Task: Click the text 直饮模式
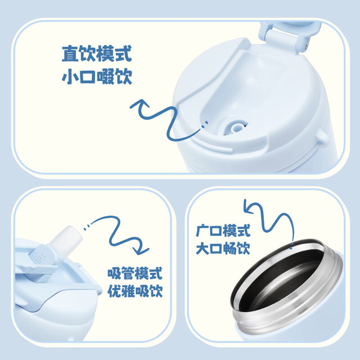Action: (97, 53)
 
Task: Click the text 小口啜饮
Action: (97, 76)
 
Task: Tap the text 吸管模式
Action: (135, 273)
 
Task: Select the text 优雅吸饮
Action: (135, 291)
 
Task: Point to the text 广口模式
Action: (223, 231)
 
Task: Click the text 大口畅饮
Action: (223, 248)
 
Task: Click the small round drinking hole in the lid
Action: (235, 128)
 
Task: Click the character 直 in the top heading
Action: (70, 53)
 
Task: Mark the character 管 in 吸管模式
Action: (128, 273)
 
